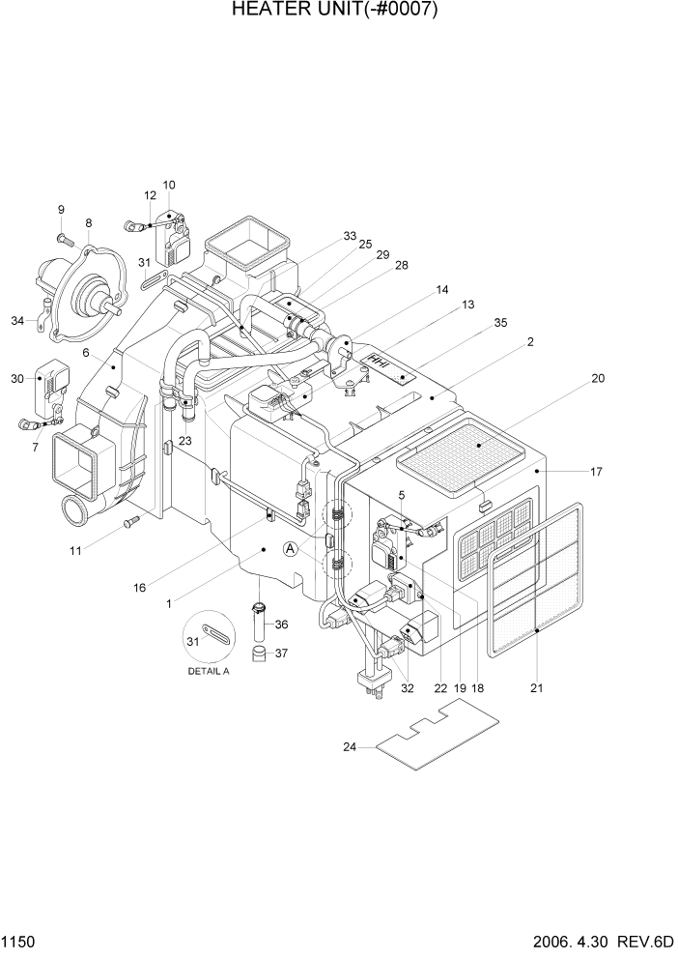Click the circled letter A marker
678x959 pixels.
[290, 549]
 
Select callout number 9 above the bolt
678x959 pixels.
[61, 210]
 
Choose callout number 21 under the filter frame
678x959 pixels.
[537, 688]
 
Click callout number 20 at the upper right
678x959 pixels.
[598, 379]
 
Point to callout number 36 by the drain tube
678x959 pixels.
[281, 625]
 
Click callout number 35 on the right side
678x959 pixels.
[500, 324]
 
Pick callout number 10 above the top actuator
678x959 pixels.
[169, 185]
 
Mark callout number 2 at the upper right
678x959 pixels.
[530, 342]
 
